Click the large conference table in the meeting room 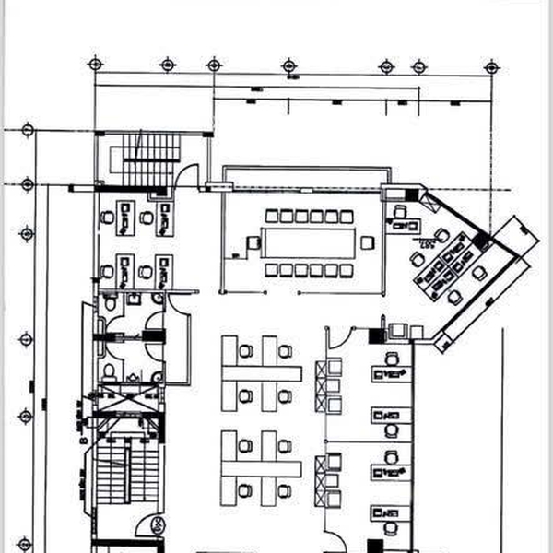click(x=310, y=242)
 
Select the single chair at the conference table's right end click(x=368, y=242)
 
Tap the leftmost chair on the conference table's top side click(x=273, y=216)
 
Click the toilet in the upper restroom click(x=110, y=302)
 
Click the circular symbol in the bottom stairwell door click(x=158, y=526)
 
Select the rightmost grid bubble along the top click(x=492, y=65)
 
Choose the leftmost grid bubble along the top click(x=94, y=64)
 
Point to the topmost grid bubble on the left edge click(x=28, y=129)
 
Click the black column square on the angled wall click(x=478, y=241)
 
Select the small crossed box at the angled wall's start click(x=429, y=196)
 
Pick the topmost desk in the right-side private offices click(x=391, y=374)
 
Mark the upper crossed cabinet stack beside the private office click(x=328, y=387)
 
